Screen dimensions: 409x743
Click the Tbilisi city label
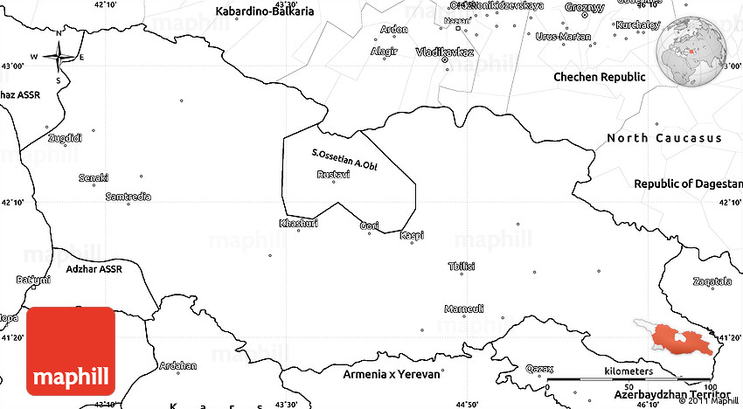pyautogui.click(x=461, y=267)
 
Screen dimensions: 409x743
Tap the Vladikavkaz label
pyautogui.click(x=446, y=52)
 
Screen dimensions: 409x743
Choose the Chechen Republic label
pyautogui.click(x=600, y=77)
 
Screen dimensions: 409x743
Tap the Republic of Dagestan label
pyautogui.click(x=688, y=184)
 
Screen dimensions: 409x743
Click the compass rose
pyautogui.click(x=59, y=58)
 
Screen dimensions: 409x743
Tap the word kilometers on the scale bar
pyautogui.click(x=628, y=372)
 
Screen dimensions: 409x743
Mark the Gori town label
pyautogui.click(x=370, y=226)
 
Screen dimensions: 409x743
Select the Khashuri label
pyautogui.click(x=298, y=223)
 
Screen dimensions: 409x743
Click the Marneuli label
pyautogui.click(x=463, y=309)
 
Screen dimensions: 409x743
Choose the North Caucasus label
pyautogui.click(x=664, y=138)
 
